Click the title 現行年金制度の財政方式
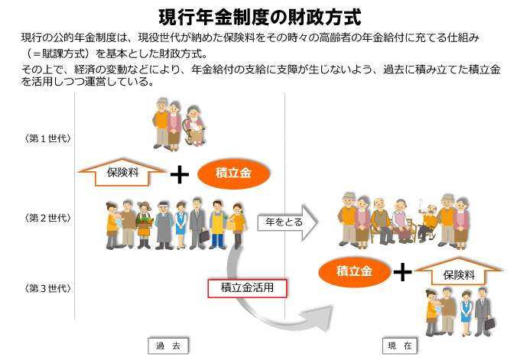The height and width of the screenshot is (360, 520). [259, 16]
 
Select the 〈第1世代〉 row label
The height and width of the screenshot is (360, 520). [47, 138]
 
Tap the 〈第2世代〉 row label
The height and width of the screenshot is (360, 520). [47, 218]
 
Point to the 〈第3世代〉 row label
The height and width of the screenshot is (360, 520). [47, 288]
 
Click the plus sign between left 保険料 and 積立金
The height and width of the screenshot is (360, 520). [179, 175]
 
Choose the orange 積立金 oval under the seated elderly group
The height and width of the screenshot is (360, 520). [355, 271]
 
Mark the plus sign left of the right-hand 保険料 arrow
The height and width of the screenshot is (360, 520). [402, 272]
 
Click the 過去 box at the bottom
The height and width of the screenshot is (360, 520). [167, 346]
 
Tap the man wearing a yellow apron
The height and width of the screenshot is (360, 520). [217, 222]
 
